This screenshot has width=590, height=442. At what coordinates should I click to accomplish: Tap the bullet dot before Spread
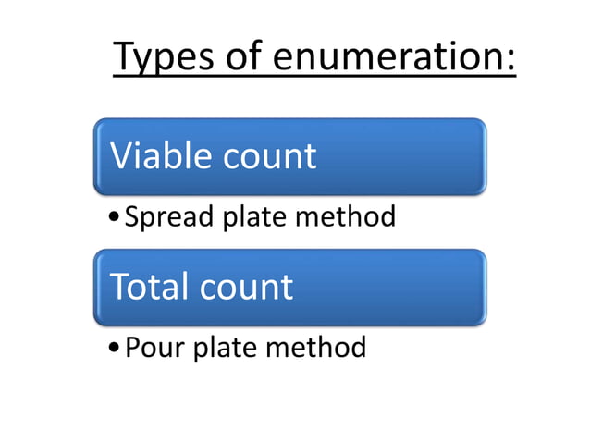[113, 218]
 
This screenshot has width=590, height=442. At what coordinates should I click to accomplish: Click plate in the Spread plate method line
[250, 218]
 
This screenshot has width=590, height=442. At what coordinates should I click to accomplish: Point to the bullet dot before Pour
[113, 349]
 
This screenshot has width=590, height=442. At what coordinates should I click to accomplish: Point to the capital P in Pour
[131, 349]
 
